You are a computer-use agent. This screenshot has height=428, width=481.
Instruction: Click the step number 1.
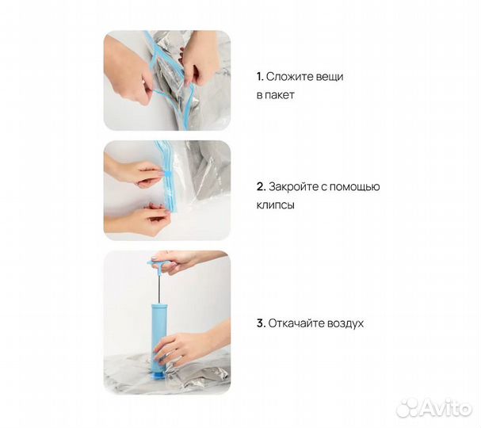[260, 77]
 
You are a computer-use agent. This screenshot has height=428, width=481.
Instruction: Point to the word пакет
[279, 95]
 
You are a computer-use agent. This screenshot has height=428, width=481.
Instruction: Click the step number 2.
[261, 186]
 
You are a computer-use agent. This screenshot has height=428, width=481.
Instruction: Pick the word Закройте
[293, 186]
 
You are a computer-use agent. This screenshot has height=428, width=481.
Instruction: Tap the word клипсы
[276, 205]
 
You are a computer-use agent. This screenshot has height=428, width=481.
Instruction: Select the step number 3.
[261, 323]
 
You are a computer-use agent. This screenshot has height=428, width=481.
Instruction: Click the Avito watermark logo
[434, 408]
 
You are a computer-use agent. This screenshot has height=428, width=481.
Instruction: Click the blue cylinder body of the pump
[159, 334]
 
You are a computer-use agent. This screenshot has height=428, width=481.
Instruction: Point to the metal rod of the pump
[160, 289]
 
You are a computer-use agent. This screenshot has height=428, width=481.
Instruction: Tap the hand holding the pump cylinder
[190, 345]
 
